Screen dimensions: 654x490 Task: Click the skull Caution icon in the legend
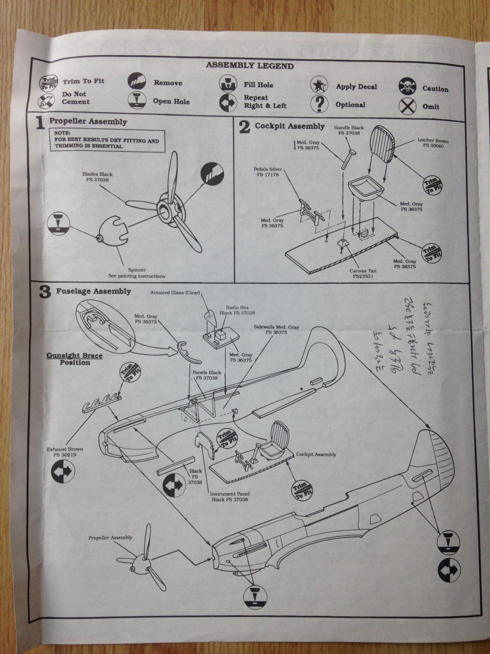[407, 87]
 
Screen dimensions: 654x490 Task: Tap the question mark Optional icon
[319, 104]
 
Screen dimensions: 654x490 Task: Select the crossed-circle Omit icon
[407, 106]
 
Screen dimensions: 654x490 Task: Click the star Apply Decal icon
[319, 86]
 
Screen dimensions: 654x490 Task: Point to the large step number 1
[40, 123]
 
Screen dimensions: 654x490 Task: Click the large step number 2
[244, 127]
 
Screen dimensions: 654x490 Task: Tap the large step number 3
[45, 292]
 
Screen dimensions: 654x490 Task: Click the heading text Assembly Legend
[249, 66]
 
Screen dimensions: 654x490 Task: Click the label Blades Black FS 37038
[97, 177]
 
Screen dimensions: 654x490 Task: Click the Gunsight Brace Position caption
[74, 359]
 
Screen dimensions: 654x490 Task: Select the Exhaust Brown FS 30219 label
[64, 452]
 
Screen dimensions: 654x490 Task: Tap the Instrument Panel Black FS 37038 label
[230, 496]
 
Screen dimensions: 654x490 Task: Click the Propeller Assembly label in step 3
[110, 537]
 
